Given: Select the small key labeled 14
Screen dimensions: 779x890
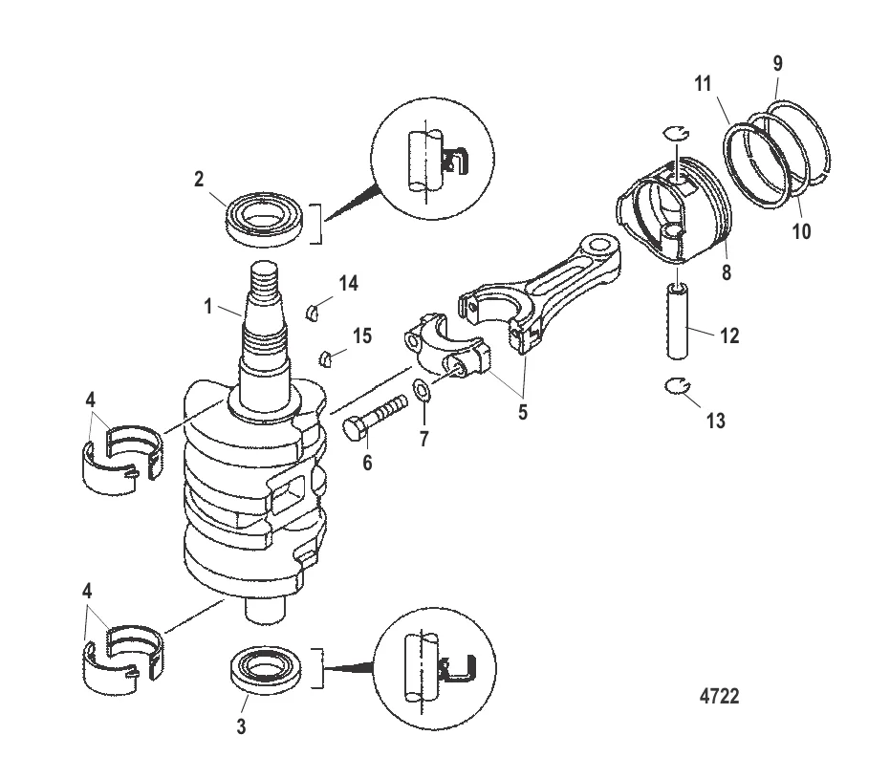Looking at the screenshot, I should tap(311, 310).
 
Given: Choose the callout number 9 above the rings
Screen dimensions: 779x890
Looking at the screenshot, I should tap(777, 64).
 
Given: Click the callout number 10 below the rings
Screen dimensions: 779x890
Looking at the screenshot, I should tap(800, 230).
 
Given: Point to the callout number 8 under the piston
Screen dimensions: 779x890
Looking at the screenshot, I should tap(727, 272).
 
